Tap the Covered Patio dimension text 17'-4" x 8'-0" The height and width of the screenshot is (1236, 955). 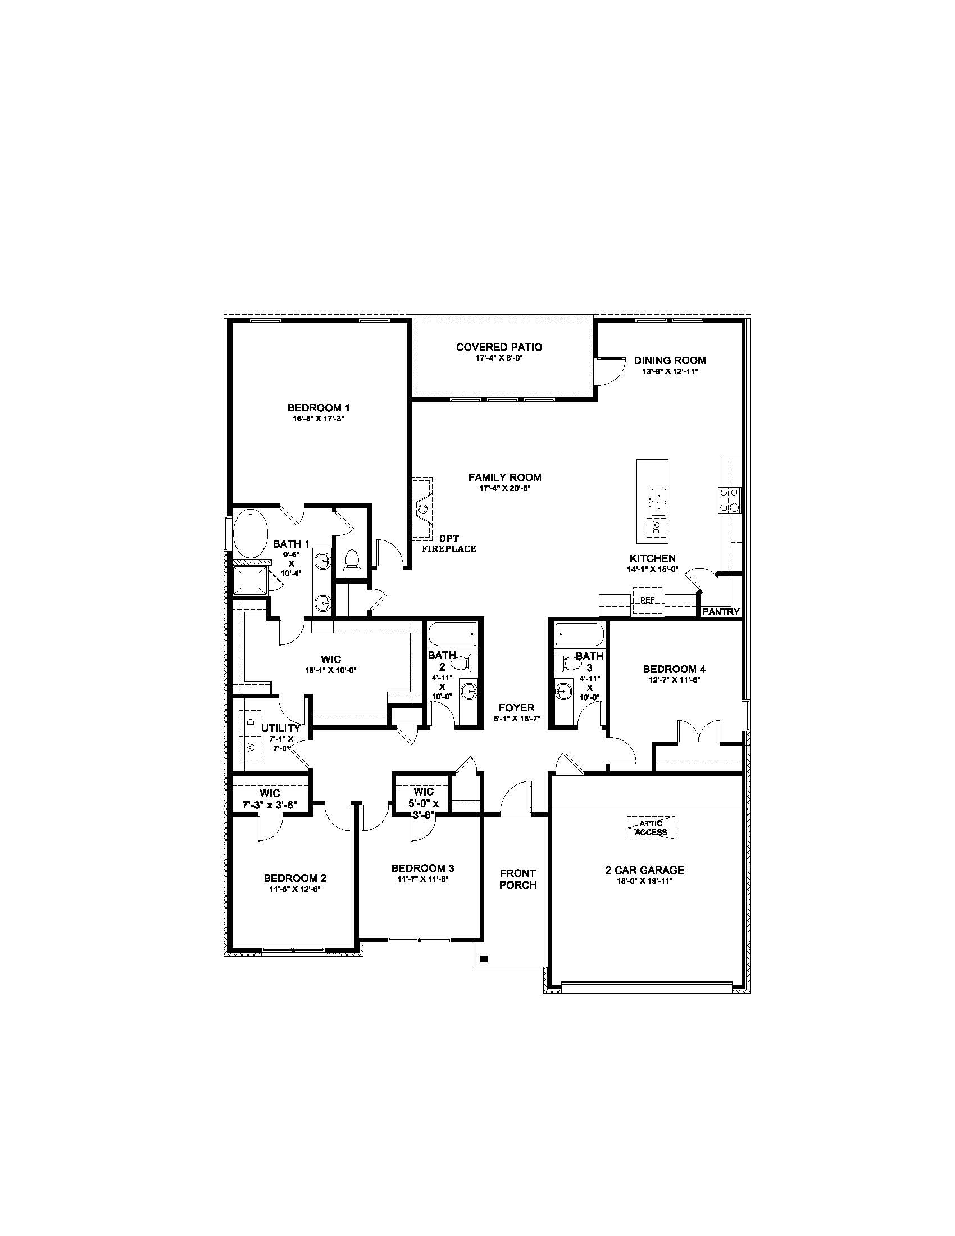[x=498, y=358]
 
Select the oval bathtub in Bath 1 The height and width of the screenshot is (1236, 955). [x=249, y=533]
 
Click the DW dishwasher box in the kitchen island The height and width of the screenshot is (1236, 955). [x=656, y=528]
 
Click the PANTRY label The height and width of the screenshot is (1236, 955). [x=721, y=612]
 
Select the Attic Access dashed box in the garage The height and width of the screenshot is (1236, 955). [x=651, y=828]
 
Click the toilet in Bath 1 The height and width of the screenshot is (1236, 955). [x=351, y=562]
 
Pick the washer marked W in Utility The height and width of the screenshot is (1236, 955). [x=250, y=748]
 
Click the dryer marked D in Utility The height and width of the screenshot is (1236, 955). [x=250, y=722]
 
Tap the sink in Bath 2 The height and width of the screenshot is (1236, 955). [x=469, y=691]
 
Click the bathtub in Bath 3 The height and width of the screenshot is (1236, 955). [x=579, y=634]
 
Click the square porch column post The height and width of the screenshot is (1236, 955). [x=484, y=958]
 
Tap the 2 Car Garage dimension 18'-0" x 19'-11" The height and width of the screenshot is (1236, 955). [x=644, y=881]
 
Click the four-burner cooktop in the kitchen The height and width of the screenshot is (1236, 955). [x=729, y=500]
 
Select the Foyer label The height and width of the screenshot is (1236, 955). [x=516, y=708]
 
